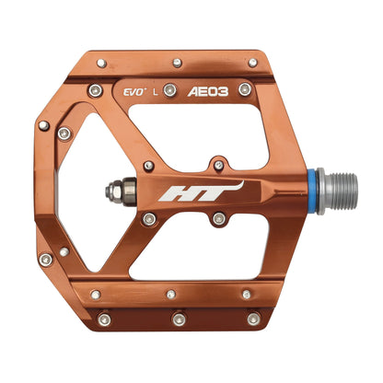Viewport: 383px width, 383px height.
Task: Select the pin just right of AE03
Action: [245, 89]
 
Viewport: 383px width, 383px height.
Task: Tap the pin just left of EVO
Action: [96, 90]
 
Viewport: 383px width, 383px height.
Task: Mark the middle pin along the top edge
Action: [177, 63]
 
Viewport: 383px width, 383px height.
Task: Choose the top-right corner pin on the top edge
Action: [252, 63]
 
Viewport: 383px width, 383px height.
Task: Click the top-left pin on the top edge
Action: [101, 64]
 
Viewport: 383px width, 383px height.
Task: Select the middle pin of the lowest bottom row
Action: [178, 319]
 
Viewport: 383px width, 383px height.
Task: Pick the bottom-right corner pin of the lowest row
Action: [253, 319]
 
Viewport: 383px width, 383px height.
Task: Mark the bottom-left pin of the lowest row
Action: [104, 319]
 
